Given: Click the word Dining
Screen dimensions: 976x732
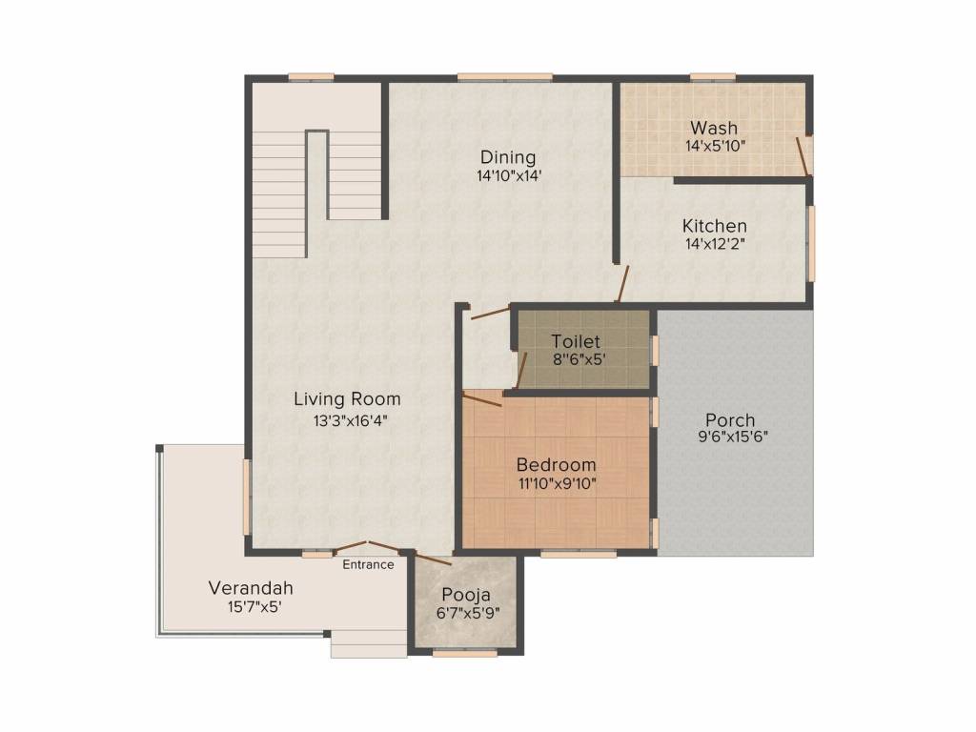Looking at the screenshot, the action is click(508, 157).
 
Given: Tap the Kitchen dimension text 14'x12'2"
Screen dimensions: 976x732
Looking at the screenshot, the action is click(715, 244).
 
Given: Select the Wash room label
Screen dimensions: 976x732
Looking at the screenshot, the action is click(714, 128).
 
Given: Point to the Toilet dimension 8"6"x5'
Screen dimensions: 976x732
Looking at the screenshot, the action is click(579, 359).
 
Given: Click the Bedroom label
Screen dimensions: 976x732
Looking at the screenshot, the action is click(556, 464).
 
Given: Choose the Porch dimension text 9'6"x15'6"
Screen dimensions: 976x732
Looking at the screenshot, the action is click(733, 437).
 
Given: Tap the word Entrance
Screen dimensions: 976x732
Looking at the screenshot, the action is click(368, 564).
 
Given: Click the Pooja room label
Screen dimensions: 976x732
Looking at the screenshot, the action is click(466, 595).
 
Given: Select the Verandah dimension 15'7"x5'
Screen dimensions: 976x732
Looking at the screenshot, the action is click(255, 607).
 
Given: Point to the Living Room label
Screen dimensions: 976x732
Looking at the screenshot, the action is click(347, 399).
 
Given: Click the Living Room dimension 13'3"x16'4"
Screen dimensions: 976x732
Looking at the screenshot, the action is click(350, 420).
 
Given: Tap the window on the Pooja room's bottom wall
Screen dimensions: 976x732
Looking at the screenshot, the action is click(465, 653).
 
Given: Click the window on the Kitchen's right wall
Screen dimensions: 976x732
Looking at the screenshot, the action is click(811, 243).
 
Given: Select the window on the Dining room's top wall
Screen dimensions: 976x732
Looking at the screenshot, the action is click(505, 77).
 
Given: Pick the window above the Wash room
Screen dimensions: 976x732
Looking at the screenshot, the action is click(713, 77).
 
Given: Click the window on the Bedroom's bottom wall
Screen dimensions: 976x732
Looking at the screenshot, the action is click(579, 554).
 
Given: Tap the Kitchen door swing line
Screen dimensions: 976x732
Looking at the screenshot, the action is click(623, 284).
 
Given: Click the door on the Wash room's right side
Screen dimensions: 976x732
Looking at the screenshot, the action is click(803, 156).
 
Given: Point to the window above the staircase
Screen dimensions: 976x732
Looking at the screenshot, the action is click(312, 77).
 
